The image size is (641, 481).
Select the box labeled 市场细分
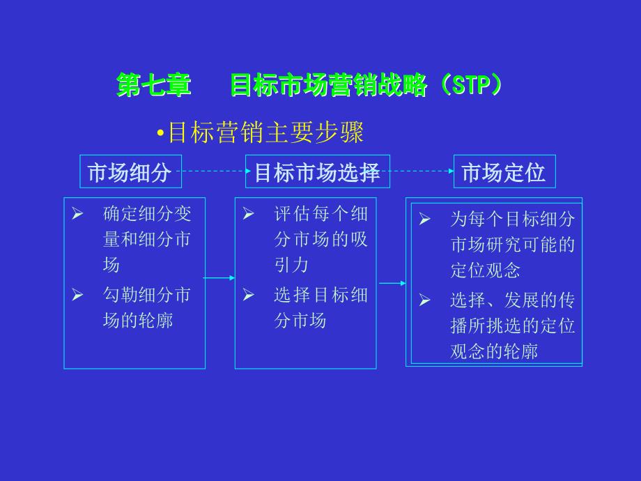[130, 172]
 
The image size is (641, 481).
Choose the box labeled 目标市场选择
[317, 172]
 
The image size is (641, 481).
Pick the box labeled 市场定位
[504, 172]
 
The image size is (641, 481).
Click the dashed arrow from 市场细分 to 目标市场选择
[213, 171]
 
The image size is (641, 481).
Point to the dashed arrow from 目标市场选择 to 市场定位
[422, 171]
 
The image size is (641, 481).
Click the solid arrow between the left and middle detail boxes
[219, 278]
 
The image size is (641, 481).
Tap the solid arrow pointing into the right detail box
[392, 283]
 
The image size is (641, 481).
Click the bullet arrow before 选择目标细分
[248, 296]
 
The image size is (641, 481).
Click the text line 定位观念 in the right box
[485, 270]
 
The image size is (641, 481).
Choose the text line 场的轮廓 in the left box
[138, 321]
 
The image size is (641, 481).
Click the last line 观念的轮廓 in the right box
[494, 351]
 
